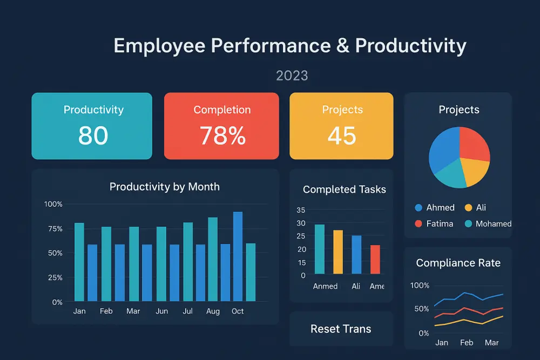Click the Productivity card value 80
click(93, 135)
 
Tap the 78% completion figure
click(222, 135)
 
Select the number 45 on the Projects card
click(341, 135)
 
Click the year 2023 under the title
click(292, 75)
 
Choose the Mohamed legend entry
click(488, 223)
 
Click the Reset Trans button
click(341, 329)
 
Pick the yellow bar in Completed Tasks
click(338, 252)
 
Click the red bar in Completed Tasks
click(375, 260)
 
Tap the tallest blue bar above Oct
click(238, 256)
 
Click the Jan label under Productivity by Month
click(79, 311)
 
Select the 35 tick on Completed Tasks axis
click(301, 210)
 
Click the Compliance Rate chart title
click(458, 263)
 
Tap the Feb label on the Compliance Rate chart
click(467, 343)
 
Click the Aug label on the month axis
click(213, 311)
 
